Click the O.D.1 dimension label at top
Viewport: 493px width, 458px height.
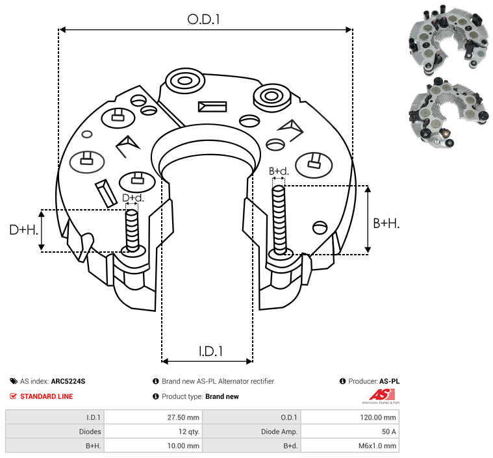pyautogui.click(x=203, y=19)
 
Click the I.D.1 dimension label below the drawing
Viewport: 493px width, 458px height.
pyautogui.click(x=210, y=351)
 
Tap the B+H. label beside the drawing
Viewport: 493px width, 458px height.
pyautogui.click(x=386, y=223)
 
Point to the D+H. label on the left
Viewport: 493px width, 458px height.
pyautogui.click(x=23, y=230)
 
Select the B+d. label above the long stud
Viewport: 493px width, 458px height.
pyautogui.click(x=279, y=171)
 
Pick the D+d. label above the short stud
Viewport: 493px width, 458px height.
pyautogui.click(x=133, y=198)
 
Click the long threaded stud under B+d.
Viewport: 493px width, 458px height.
pyautogui.click(x=279, y=220)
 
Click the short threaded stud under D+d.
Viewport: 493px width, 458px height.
pyautogui.click(x=132, y=231)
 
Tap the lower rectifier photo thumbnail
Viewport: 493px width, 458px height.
pyautogui.click(x=448, y=112)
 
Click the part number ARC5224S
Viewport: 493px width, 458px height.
pyautogui.click(x=68, y=381)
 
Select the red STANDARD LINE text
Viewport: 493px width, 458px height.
pyautogui.click(x=47, y=396)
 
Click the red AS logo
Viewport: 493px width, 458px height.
pyautogui.click(x=382, y=395)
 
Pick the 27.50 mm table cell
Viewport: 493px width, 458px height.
pyautogui.click(x=153, y=417)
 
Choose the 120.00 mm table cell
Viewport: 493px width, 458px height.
pyautogui.click(x=349, y=417)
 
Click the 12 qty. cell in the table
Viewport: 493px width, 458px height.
pyautogui.click(x=153, y=431)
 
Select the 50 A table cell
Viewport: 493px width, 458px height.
pyautogui.click(x=349, y=431)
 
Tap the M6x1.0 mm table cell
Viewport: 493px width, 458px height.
pyautogui.click(x=349, y=446)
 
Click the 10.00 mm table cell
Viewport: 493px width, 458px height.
pyautogui.click(x=153, y=446)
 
